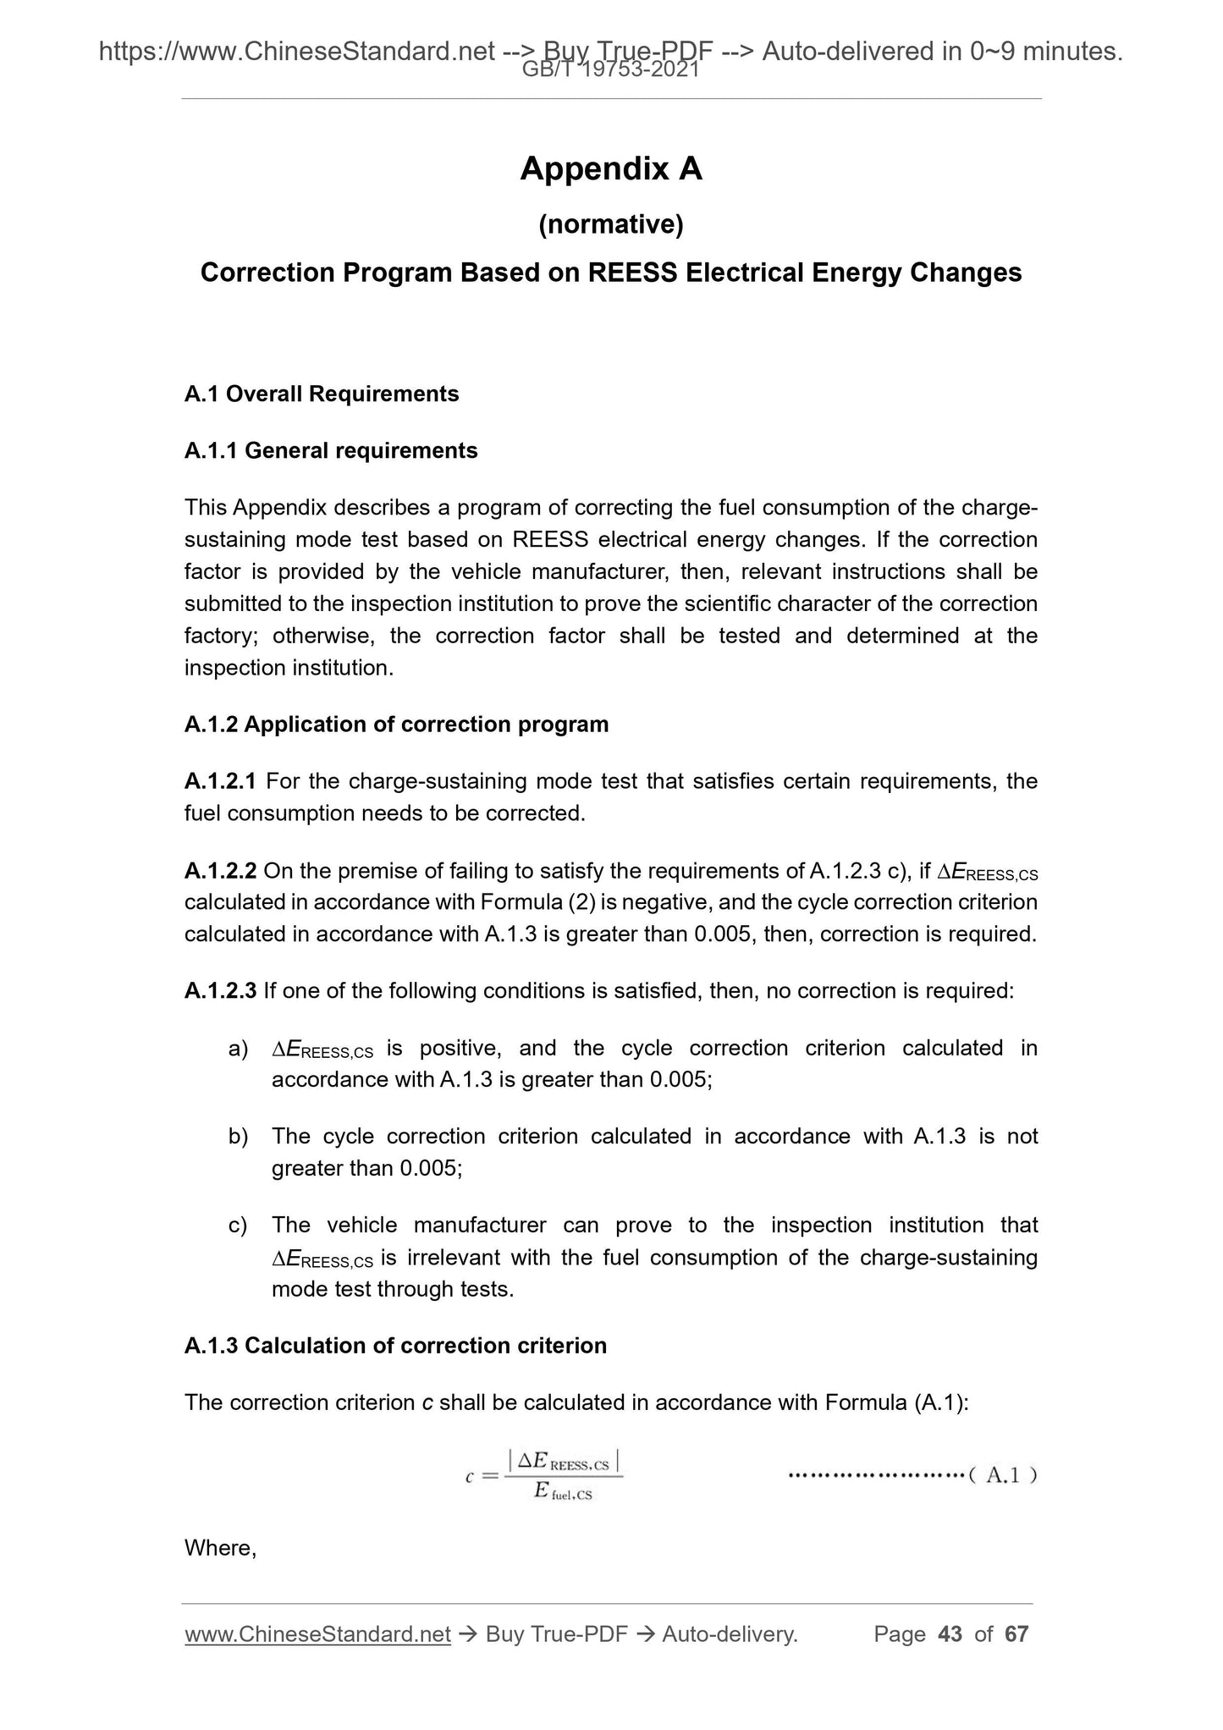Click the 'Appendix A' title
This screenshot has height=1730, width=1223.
click(x=611, y=169)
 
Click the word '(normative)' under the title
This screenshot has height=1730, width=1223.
click(x=611, y=224)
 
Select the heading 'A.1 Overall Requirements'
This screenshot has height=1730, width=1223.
click(x=322, y=394)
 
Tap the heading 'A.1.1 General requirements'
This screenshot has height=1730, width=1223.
click(x=331, y=450)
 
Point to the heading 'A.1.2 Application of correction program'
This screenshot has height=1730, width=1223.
click(x=396, y=725)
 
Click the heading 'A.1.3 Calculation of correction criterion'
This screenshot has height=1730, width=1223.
click(x=395, y=1346)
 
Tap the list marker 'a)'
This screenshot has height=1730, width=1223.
click(x=238, y=1050)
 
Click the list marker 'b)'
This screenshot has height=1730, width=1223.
click(x=238, y=1137)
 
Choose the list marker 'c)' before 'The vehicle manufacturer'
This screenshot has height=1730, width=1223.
click(x=238, y=1226)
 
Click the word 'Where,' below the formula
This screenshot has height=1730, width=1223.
click(x=220, y=1548)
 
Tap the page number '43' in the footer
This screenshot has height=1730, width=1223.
click(x=950, y=1634)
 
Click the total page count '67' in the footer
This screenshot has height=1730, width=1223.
click(x=1016, y=1634)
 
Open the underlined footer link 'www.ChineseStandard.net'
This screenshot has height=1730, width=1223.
click(x=317, y=1634)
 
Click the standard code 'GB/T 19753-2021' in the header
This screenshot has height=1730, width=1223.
click(x=611, y=71)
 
